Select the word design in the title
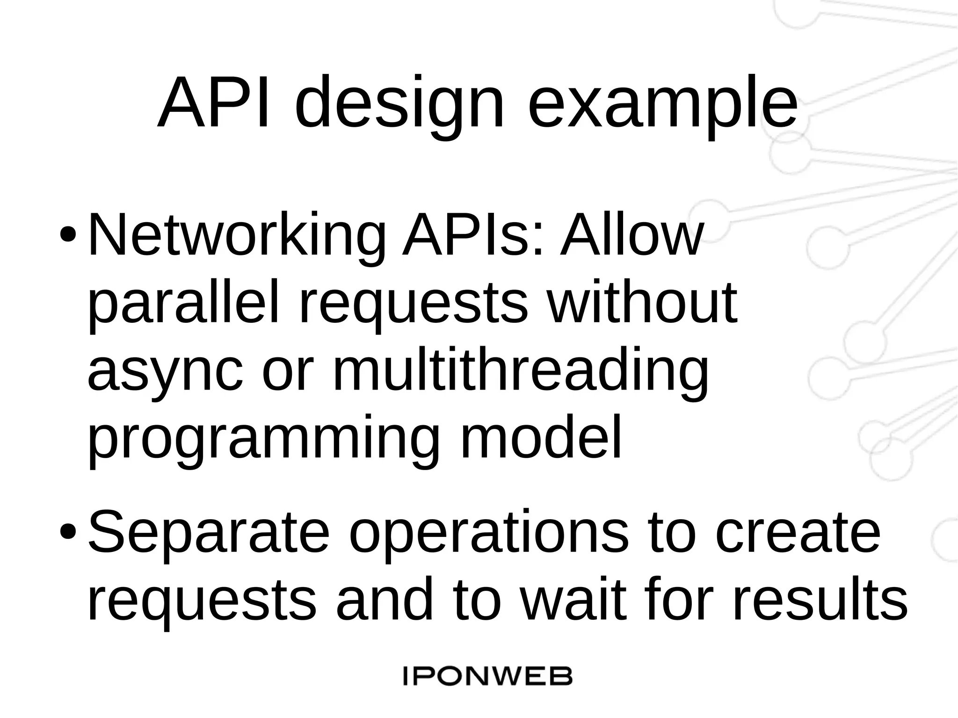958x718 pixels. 400,105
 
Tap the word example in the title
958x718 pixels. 662,105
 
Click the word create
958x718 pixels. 797,532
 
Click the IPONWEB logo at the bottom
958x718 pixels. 487,677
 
